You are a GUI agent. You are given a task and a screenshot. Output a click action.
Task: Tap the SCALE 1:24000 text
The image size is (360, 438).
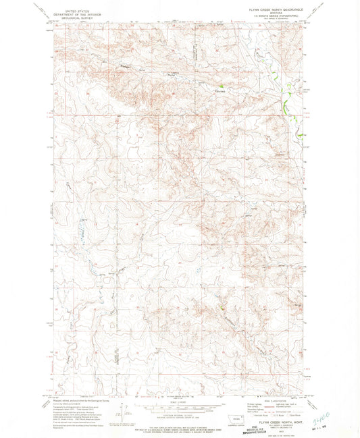(x=180, y=402)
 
